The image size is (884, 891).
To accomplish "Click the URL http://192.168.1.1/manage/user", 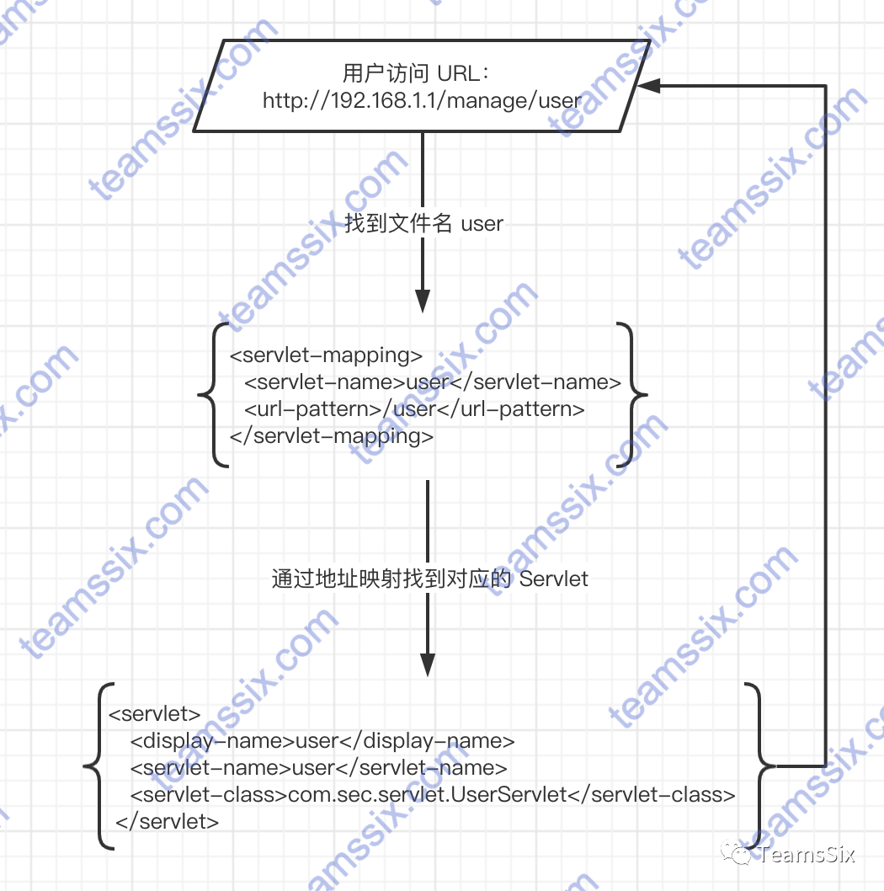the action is pos(422,101).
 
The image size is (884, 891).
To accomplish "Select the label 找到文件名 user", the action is pos(423,223).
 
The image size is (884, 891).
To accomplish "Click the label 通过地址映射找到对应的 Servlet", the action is pos(429,579).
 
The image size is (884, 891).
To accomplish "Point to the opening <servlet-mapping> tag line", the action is pos(326,355).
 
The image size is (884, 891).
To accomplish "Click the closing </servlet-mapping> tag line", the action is pos(332,435).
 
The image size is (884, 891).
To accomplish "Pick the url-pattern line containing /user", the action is pos(414,409).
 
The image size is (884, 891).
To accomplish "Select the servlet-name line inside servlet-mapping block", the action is pos(433,381).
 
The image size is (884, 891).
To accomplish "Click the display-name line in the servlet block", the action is pos(322,741).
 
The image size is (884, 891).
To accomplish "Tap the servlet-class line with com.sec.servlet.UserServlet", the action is pos(433,794).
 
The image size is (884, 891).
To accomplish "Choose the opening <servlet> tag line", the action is pos(155,714).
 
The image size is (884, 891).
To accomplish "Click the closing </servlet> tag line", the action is pos(168,821).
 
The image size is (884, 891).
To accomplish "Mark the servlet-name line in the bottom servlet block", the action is pos(318,768).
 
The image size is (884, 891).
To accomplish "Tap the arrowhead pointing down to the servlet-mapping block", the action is pos(423,301).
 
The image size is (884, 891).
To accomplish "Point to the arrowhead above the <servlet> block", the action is pos(429,665).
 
